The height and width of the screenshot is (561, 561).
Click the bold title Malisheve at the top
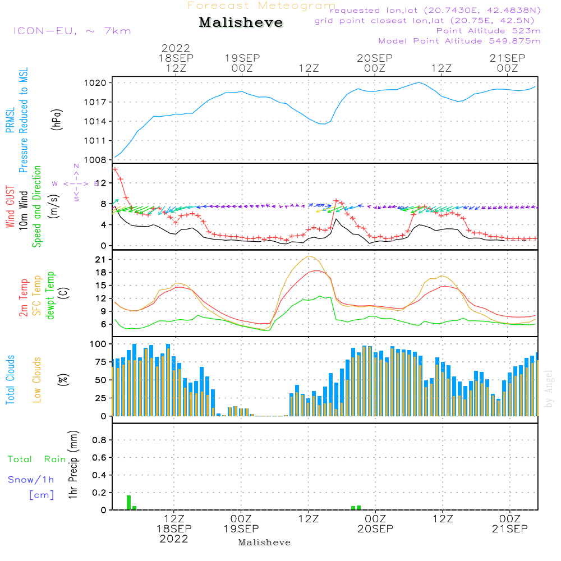click(241, 23)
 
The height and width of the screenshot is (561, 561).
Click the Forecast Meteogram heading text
click(261, 6)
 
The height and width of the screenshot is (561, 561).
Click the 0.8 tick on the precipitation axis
click(99, 440)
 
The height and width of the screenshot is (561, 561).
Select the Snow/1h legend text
click(31, 480)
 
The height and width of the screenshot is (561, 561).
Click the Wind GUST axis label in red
click(11, 208)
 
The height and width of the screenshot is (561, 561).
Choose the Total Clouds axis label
click(11, 379)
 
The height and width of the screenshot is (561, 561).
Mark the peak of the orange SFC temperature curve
click(309, 256)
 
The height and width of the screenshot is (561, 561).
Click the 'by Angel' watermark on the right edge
click(549, 389)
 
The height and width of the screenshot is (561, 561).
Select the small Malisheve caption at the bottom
click(264, 542)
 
